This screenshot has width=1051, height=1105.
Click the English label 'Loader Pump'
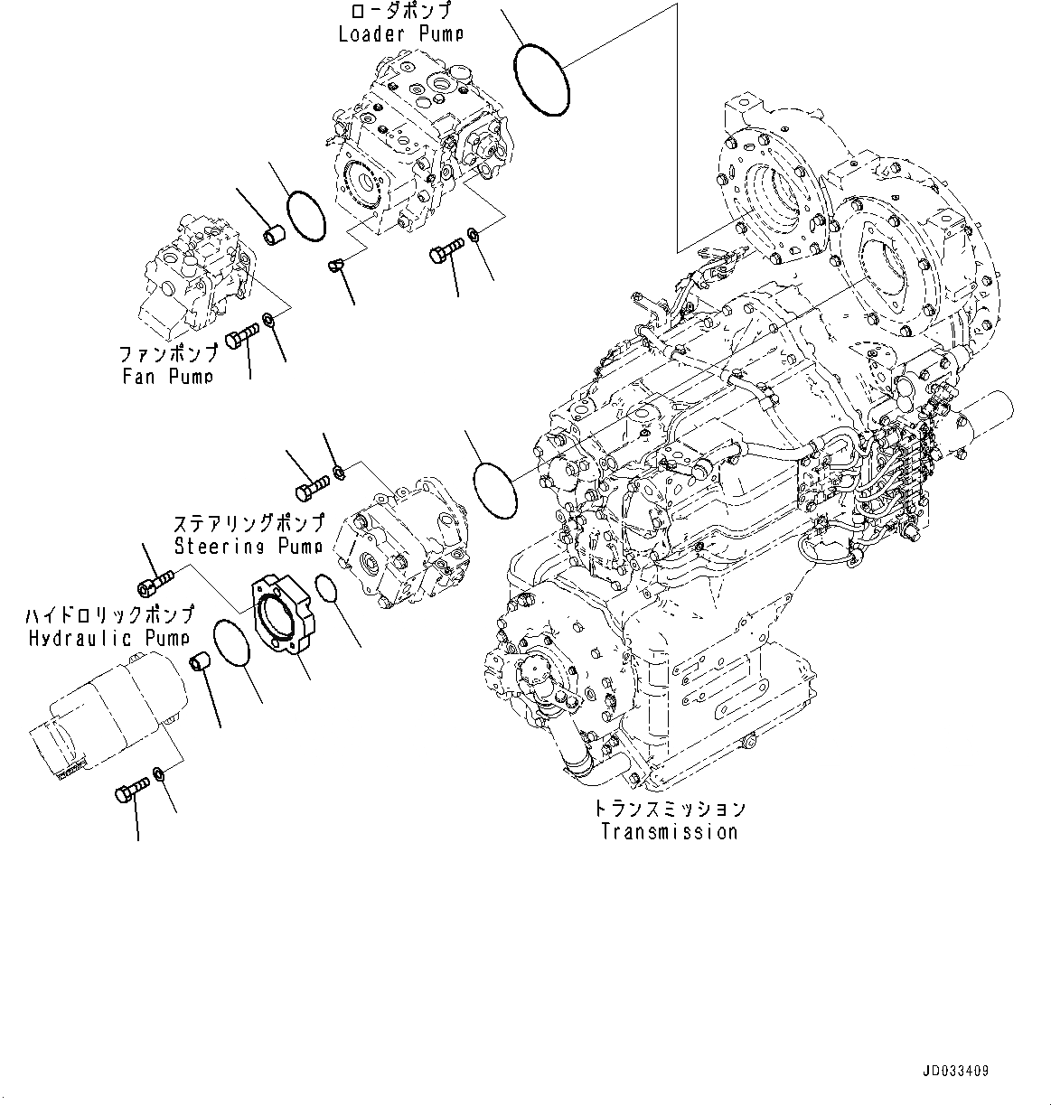point(400,34)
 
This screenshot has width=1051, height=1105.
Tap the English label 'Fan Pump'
point(168,376)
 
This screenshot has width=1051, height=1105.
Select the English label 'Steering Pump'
point(248,546)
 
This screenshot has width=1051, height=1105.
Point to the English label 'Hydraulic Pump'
point(108,638)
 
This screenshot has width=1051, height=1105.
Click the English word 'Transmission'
point(669,832)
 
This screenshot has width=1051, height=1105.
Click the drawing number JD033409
point(955,1072)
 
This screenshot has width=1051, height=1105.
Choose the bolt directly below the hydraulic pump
point(130,791)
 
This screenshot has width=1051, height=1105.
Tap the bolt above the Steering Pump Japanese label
point(310,489)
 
